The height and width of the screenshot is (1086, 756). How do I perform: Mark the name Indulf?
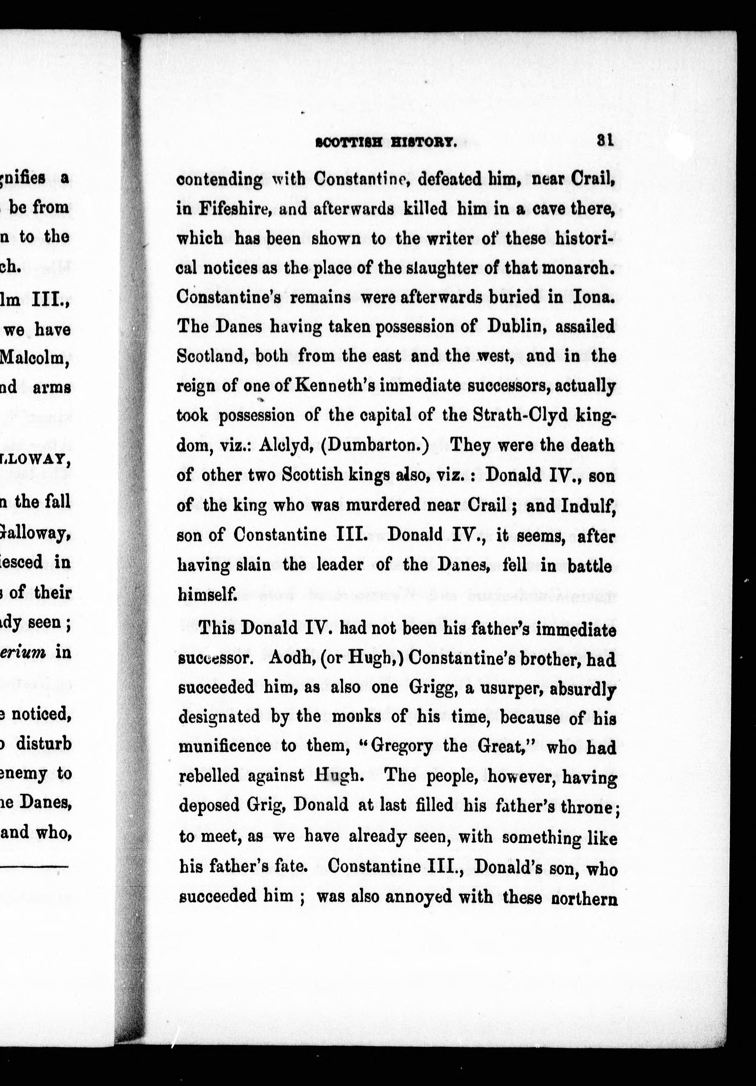588,506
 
